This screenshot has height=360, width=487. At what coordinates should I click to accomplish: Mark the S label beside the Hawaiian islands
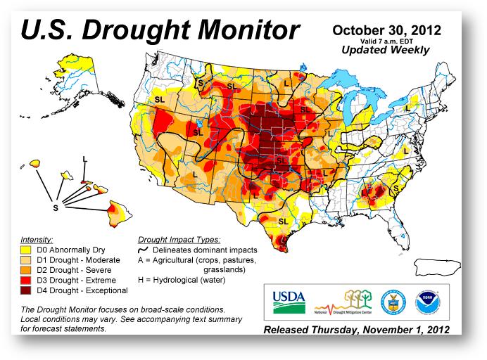coord(56,207)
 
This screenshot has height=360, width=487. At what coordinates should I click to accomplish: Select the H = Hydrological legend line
coord(182,280)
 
